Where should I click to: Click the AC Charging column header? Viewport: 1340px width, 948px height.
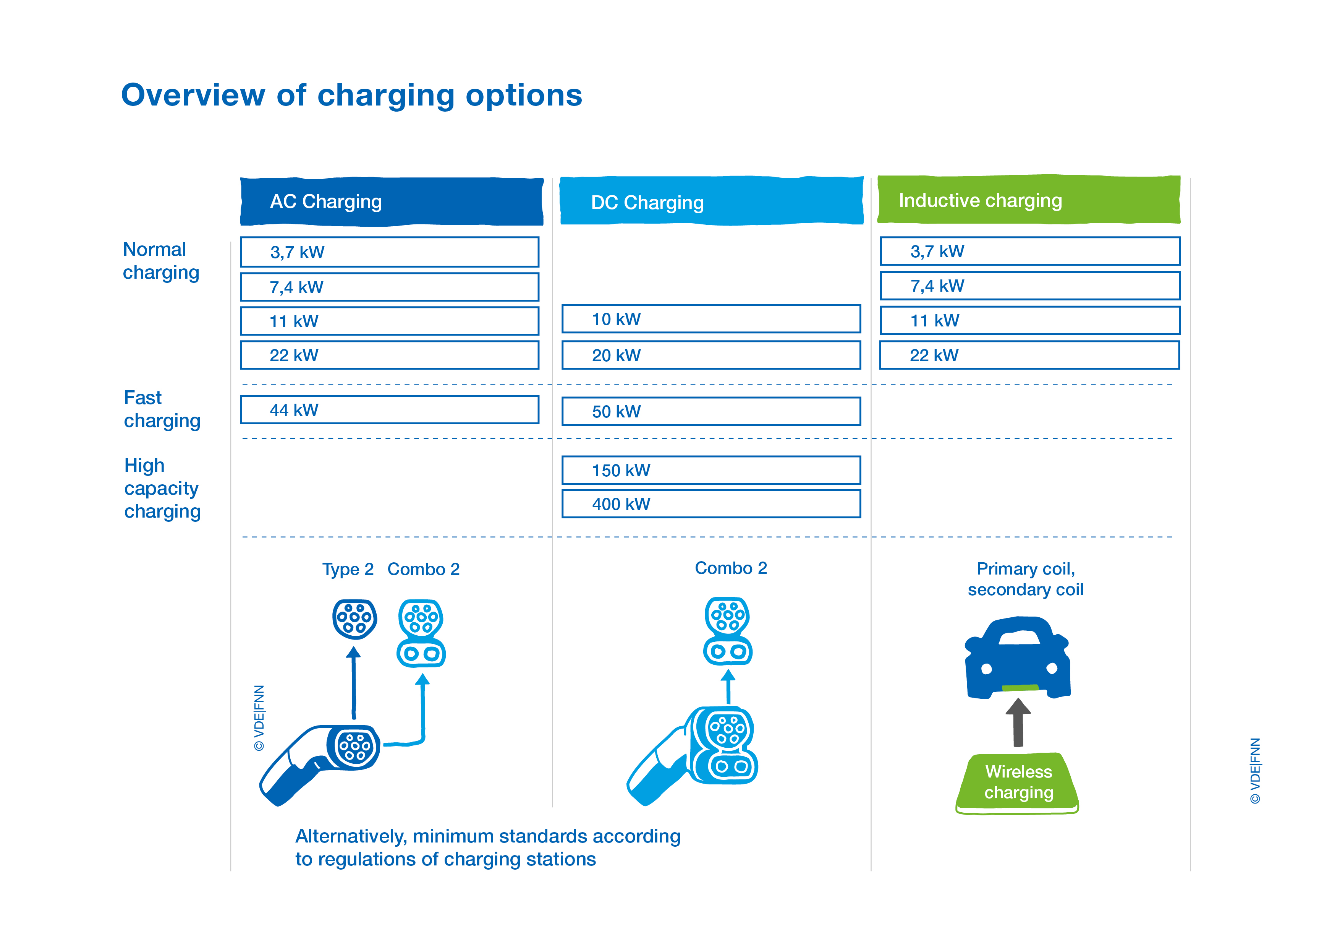click(392, 201)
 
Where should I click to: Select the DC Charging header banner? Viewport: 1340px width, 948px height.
click(711, 200)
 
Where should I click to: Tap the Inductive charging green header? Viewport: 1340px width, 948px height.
click(1029, 199)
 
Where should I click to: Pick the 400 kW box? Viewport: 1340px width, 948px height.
click(711, 503)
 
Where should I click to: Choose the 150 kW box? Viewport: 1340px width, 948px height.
click(711, 470)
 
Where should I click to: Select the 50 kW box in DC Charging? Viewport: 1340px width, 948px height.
click(711, 411)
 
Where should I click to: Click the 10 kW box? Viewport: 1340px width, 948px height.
click(711, 319)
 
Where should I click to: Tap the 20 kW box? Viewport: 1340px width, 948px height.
click(711, 355)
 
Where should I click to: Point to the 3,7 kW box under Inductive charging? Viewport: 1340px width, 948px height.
click(1030, 251)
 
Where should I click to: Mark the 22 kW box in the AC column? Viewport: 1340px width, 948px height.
click(390, 355)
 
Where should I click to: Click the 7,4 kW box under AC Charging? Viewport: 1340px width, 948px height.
click(390, 287)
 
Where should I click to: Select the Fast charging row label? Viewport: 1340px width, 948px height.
click(162, 409)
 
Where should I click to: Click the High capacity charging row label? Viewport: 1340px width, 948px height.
click(163, 488)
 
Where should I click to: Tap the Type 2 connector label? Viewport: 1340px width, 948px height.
click(348, 569)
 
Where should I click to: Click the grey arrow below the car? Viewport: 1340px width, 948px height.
click(1018, 722)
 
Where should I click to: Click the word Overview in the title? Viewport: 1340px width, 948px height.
click(193, 95)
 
